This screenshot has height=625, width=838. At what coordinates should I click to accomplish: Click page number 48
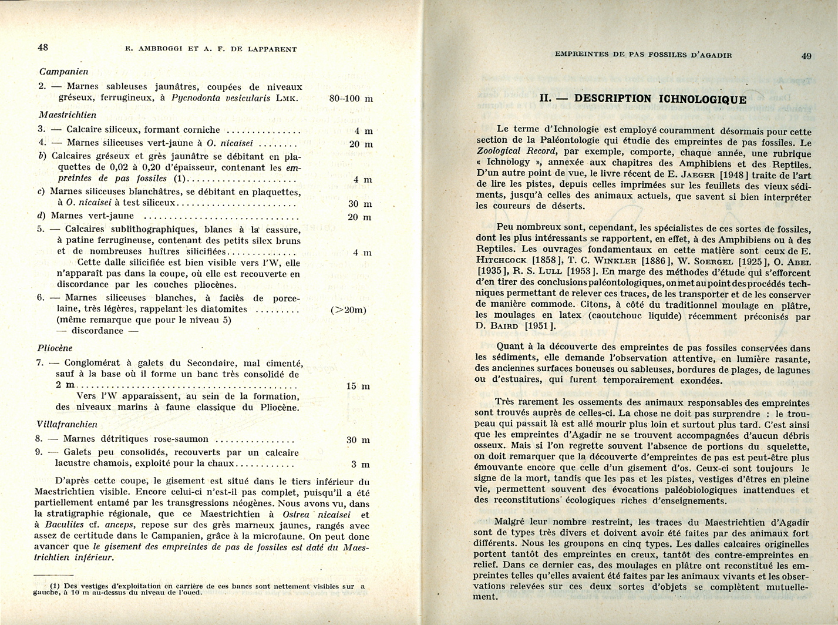click(x=43, y=47)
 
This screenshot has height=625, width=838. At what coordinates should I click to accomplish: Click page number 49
click(x=806, y=56)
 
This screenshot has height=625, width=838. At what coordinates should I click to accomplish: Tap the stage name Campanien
click(x=63, y=71)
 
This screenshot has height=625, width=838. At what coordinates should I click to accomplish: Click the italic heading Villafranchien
click(x=66, y=424)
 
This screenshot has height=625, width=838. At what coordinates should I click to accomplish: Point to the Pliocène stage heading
click(x=55, y=348)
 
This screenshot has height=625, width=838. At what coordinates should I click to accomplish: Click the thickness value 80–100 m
click(x=351, y=98)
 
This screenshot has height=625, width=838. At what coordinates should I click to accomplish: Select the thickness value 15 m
click(x=358, y=386)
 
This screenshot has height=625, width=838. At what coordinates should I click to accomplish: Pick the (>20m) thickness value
click(x=348, y=310)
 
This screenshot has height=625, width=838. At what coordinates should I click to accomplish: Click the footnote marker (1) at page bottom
click(x=55, y=586)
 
